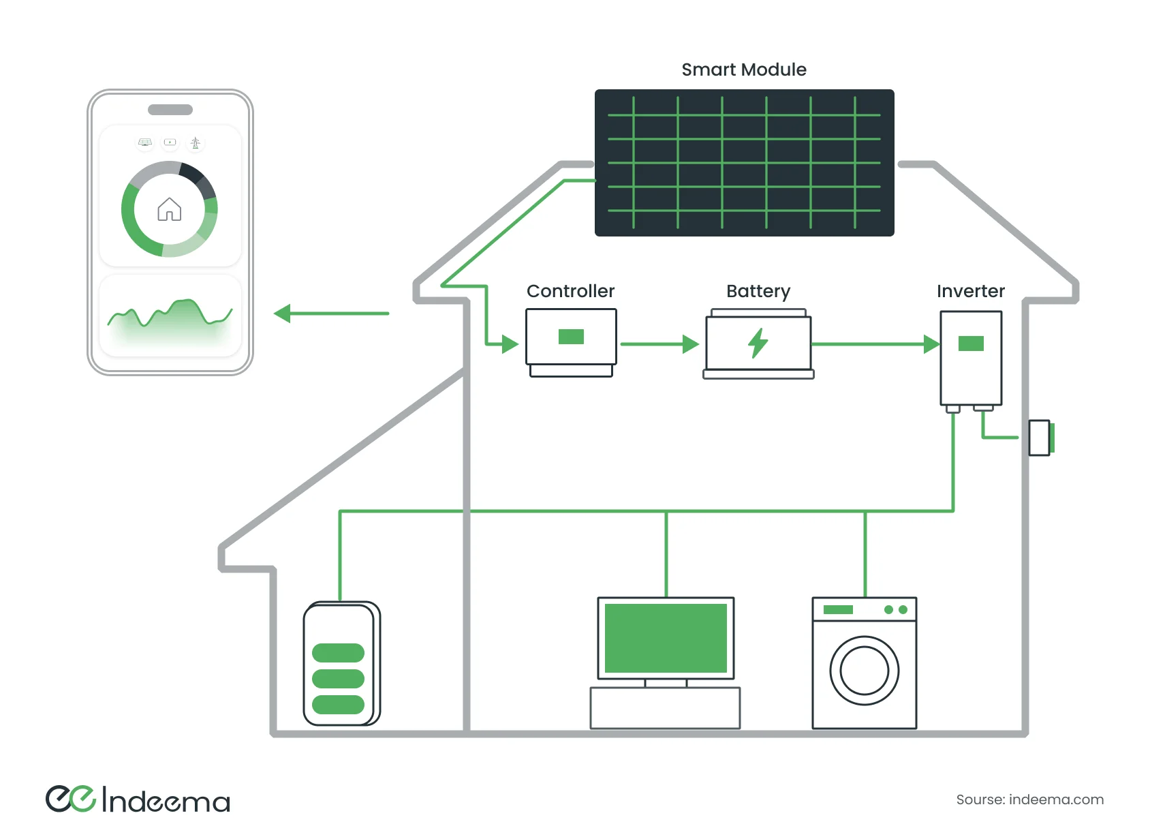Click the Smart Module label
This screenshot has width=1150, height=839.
743,70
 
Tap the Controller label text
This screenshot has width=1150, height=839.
570,291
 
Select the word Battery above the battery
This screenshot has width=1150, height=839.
758,291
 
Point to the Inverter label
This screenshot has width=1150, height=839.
970,291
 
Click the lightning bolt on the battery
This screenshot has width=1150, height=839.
758,343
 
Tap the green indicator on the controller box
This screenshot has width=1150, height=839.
571,337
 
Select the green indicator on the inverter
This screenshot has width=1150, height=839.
971,344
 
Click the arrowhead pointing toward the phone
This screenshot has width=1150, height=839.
283,314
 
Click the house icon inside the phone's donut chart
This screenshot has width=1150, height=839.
169,209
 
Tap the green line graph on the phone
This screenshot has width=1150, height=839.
170,314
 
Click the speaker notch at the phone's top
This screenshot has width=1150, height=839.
170,110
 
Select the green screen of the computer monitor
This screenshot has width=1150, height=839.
666,638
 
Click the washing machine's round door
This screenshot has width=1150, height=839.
864,671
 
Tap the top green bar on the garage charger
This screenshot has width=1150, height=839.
338,653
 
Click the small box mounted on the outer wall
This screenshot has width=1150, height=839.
1040,438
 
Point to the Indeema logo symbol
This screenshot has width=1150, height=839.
70,799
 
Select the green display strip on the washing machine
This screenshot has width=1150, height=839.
838,609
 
